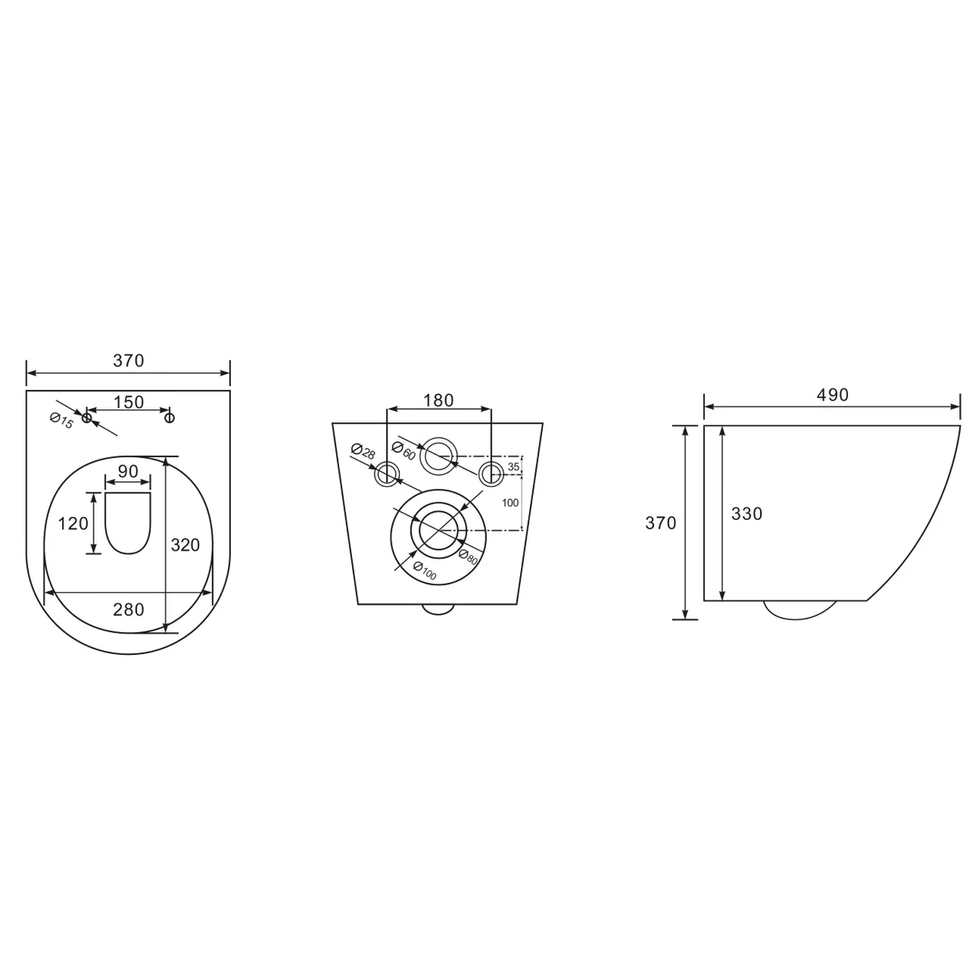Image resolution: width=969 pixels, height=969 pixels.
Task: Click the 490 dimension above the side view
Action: (833, 395)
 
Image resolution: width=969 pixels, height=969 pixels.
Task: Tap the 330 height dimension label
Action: (747, 514)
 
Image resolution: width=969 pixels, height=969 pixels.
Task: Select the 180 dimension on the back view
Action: (438, 401)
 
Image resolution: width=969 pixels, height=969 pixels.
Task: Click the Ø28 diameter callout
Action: (363, 451)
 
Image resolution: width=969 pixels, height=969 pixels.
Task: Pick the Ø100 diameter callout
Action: (425, 571)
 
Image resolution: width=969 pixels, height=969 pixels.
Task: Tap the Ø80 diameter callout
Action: (468, 556)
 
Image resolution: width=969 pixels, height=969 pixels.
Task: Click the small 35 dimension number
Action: (514, 467)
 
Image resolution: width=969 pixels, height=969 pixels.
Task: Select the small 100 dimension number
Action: (510, 503)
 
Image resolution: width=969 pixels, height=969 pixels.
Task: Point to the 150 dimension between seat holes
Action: (128, 402)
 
